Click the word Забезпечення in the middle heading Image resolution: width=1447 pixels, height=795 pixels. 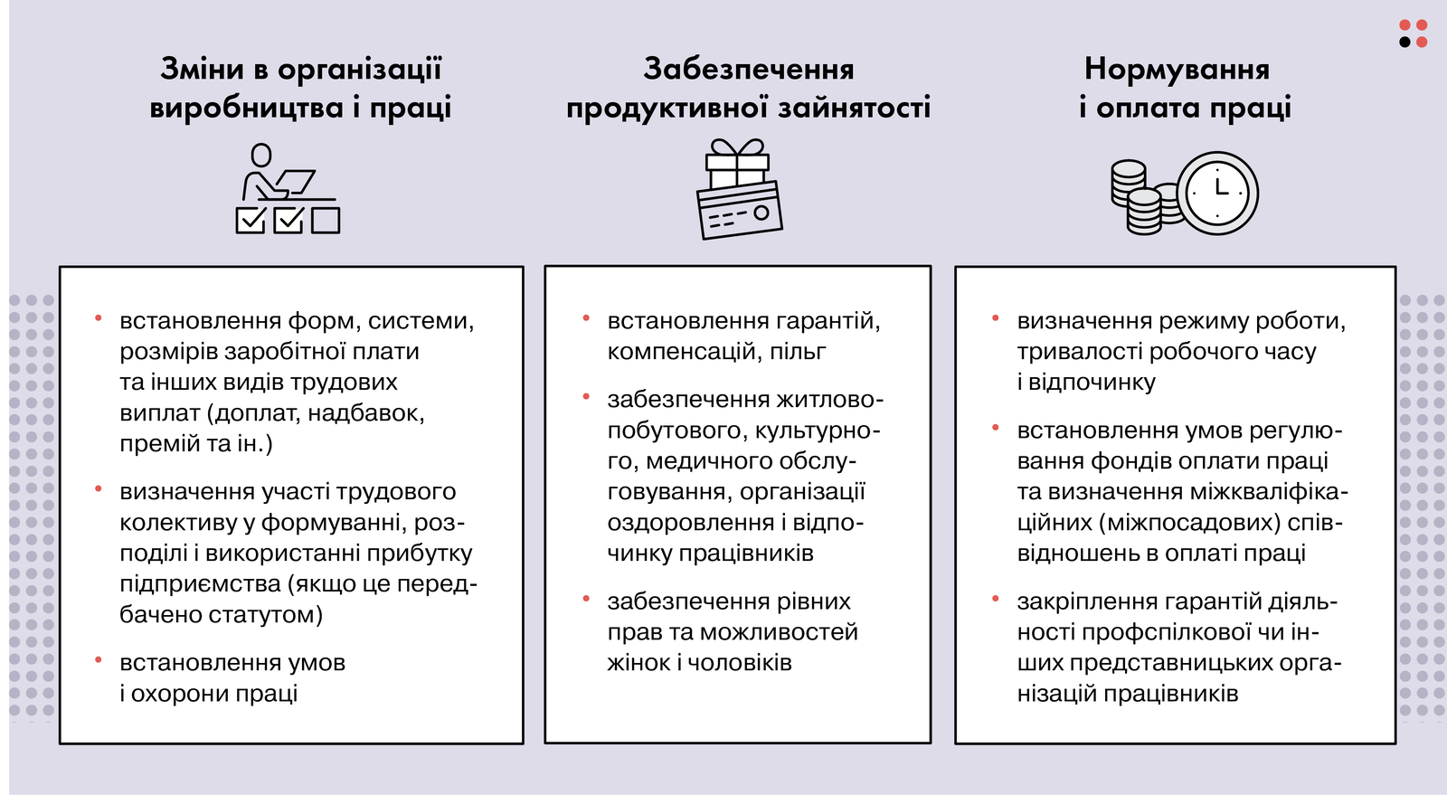(x=749, y=70)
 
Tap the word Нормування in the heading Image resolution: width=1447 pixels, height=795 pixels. (x=1177, y=70)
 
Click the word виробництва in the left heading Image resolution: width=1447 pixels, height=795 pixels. (x=246, y=108)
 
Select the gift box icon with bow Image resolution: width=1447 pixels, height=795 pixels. (x=737, y=162)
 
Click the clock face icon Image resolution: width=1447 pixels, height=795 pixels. (x=1217, y=193)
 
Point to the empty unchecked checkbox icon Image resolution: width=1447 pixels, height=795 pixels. (x=326, y=220)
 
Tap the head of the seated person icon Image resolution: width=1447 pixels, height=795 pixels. (x=261, y=155)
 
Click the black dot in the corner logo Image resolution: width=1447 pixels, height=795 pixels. (x=1404, y=42)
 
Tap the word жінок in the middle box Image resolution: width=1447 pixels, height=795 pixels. (x=638, y=663)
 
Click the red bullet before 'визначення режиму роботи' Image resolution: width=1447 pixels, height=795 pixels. (x=996, y=317)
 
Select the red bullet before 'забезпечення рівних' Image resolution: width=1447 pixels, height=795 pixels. (x=586, y=599)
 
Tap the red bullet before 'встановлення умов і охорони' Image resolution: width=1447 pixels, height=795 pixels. (x=99, y=659)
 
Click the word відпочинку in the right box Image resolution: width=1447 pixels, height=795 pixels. (x=1092, y=383)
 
